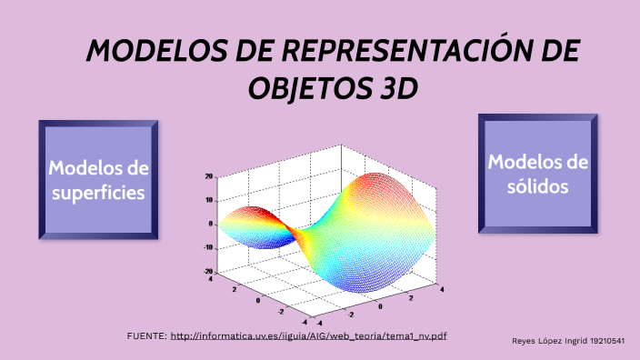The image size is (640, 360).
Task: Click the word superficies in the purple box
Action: tap(98, 193)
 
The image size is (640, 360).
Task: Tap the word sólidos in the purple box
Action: tap(538, 185)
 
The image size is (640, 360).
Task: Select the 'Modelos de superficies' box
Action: tap(98, 179)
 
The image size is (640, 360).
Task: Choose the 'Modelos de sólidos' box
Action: tap(538, 174)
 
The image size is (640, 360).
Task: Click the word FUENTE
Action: tap(145, 336)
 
